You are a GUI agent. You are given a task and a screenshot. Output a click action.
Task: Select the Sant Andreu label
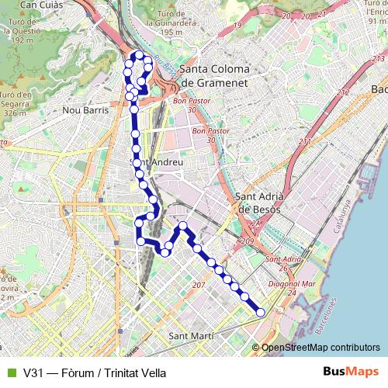157,162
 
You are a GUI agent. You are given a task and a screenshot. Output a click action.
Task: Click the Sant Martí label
191,336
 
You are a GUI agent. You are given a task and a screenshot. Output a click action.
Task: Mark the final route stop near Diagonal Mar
260,312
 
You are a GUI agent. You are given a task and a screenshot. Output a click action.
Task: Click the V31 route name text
95,372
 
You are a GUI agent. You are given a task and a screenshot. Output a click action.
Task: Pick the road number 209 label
248,243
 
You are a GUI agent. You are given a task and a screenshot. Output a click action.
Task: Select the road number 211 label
305,142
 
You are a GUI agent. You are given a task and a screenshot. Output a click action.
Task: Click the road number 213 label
378,59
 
